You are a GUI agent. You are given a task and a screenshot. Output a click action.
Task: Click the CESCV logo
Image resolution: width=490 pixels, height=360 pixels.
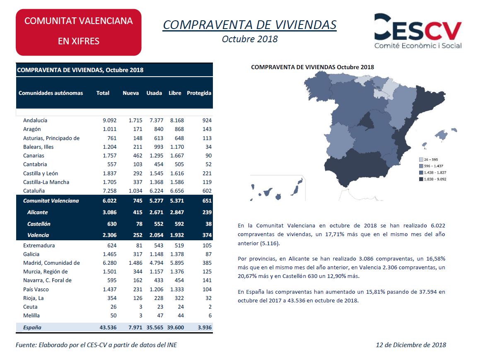(x=418, y=31)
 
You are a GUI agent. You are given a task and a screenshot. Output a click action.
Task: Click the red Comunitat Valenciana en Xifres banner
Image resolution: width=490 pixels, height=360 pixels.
(x=78, y=32)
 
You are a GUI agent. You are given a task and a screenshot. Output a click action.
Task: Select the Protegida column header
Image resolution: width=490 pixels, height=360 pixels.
(x=199, y=93)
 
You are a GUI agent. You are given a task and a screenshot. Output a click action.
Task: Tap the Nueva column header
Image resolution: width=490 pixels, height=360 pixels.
(x=130, y=93)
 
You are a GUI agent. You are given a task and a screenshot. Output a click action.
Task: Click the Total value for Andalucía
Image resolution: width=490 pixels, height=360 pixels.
(x=109, y=120)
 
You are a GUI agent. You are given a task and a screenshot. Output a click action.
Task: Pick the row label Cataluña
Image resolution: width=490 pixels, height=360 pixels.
(x=34, y=191)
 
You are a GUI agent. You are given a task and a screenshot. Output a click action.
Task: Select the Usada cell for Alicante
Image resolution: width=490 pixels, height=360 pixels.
(x=156, y=212)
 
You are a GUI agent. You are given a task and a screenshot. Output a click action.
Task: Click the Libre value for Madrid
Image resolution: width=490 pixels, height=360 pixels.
(x=177, y=263)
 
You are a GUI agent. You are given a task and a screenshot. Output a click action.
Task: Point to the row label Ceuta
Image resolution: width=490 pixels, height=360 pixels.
(x=30, y=307)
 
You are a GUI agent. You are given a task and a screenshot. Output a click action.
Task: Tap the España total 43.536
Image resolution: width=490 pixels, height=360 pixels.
(x=108, y=328)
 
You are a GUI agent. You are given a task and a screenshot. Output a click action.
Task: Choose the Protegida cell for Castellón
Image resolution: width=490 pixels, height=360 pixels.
(x=208, y=224)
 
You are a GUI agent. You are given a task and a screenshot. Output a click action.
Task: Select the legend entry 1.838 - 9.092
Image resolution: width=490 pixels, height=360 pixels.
(x=432, y=179)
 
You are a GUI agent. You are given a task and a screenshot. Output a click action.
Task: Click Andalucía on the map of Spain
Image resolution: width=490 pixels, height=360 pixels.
(x=356, y=167)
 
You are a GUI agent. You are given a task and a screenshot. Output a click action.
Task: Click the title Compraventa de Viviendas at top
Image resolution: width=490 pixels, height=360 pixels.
(x=250, y=25)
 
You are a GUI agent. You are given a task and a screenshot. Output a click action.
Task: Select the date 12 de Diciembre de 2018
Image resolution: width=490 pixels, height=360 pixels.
(x=410, y=345)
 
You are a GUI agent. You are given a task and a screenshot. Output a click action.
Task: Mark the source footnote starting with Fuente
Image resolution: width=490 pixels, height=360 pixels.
(x=96, y=345)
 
